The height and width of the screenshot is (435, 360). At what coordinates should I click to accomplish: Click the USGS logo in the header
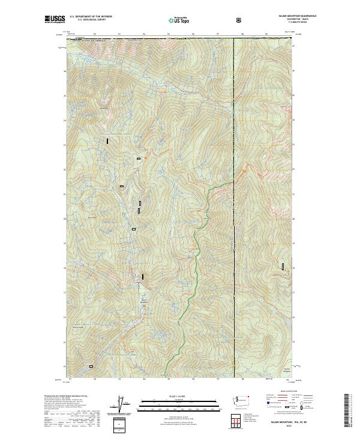pos(55,20)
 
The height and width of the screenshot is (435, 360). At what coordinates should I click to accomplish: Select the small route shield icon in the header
pos(240,20)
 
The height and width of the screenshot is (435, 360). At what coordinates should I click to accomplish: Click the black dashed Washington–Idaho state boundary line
pos(233,120)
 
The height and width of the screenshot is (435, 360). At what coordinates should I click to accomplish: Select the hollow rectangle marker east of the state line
pos(283,266)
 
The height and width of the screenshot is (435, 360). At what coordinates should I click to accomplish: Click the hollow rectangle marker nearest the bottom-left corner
pos(91,366)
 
